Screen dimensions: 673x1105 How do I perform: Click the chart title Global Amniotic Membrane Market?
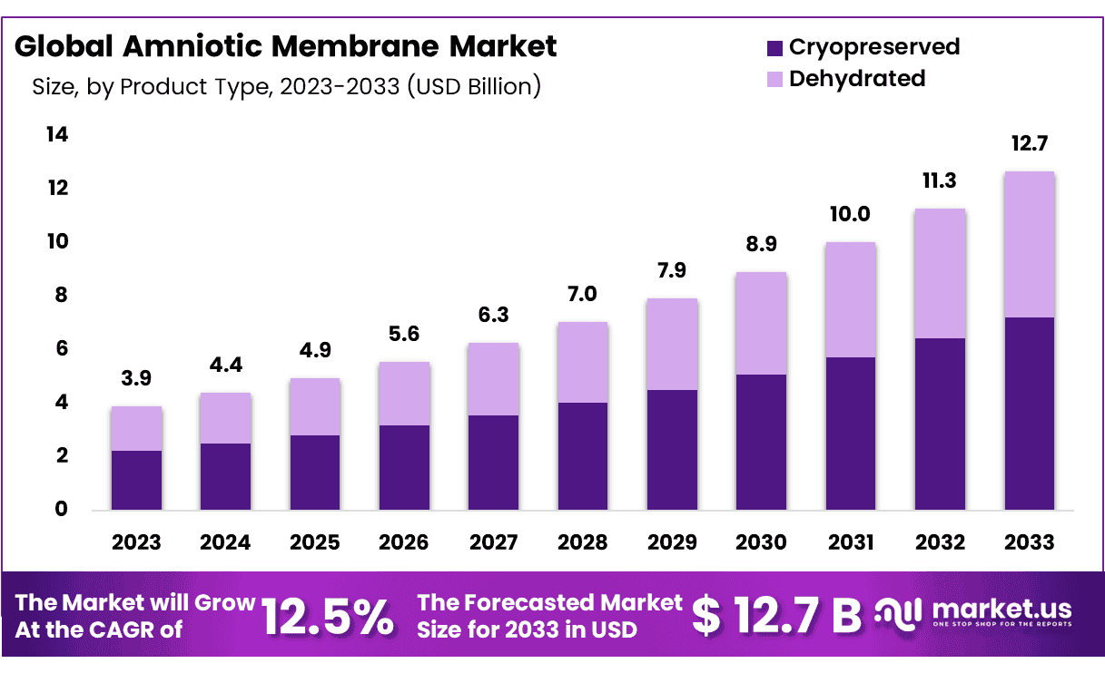(286, 46)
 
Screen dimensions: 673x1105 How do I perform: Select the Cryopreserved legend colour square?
(774, 47)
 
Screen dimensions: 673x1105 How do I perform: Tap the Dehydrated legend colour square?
(774, 79)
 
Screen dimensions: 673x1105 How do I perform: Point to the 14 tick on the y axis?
(56, 135)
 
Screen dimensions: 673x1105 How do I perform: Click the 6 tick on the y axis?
(62, 349)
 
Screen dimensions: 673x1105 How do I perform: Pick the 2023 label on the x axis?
(136, 542)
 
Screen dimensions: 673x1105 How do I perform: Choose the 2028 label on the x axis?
(583, 542)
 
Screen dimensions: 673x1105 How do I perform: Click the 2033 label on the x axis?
(1030, 542)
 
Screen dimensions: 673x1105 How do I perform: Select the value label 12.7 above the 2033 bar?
(1030, 144)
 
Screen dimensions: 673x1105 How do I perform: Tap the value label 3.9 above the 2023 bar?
(136, 379)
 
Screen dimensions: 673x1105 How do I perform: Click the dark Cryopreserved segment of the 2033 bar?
(1030, 413)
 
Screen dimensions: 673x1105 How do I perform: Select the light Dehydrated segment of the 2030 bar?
(761, 323)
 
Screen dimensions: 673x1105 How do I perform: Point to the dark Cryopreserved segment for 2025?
(315, 472)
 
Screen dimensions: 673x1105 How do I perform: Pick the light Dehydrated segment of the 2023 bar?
(136, 428)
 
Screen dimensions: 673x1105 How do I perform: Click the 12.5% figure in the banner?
(328, 616)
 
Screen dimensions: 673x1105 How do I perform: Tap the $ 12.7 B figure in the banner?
(776, 616)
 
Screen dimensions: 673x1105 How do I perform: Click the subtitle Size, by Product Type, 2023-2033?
(286, 87)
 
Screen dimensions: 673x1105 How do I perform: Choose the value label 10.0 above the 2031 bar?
(851, 214)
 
